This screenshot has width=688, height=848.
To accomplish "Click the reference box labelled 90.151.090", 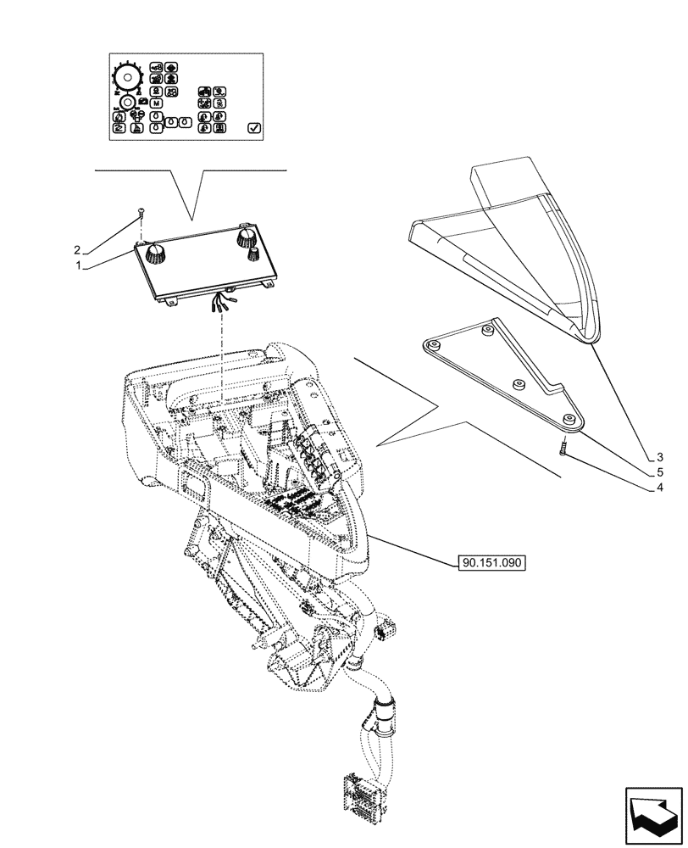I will click(x=491, y=561).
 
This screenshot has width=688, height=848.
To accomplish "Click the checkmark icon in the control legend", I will click(x=253, y=128).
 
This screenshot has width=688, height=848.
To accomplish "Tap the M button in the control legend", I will click(x=156, y=103).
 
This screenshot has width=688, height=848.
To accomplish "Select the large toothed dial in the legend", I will click(x=128, y=78).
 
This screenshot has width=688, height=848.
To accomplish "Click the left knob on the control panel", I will click(x=155, y=251).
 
